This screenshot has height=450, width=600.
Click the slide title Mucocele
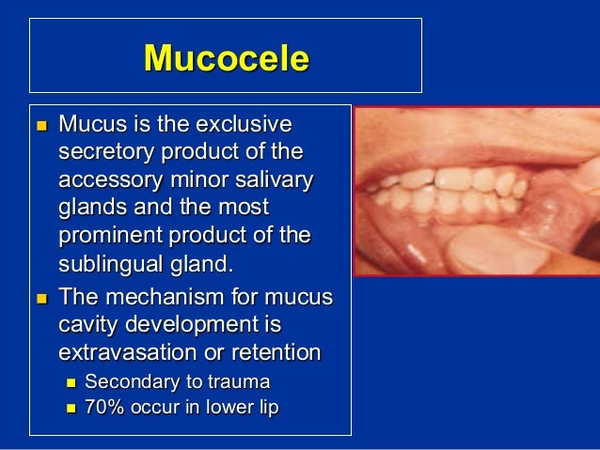[x=226, y=58]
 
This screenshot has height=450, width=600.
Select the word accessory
[x=106, y=179]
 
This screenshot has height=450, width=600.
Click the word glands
[x=90, y=207]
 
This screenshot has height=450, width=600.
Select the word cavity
[x=88, y=325]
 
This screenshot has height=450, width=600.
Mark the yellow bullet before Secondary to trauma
[x=70, y=381]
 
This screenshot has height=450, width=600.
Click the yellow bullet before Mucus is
[x=40, y=124]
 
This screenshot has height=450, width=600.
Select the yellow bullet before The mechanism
[x=40, y=298]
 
